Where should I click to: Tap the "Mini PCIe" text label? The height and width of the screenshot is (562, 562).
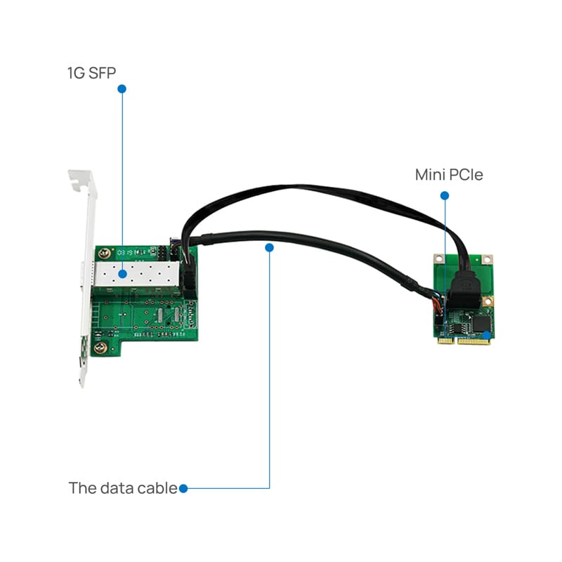point(449,175)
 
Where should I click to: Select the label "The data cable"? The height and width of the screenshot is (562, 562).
point(122,488)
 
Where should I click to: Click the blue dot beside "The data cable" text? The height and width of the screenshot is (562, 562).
point(183,488)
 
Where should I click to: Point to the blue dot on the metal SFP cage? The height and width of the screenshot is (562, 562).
point(122,273)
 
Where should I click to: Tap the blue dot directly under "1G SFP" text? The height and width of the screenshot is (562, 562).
point(122,89)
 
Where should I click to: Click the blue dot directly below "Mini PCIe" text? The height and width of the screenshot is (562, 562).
point(444,195)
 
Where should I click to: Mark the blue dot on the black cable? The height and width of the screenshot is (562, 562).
point(270,247)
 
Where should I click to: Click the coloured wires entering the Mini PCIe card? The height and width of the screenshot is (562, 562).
point(437,304)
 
